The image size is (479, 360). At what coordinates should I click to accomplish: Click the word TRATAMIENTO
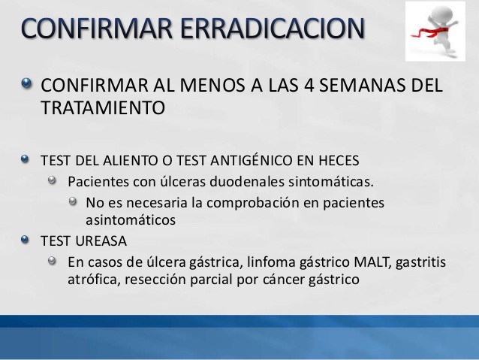(x=101, y=107)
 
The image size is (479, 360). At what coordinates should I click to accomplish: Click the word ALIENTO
(x=128, y=160)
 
